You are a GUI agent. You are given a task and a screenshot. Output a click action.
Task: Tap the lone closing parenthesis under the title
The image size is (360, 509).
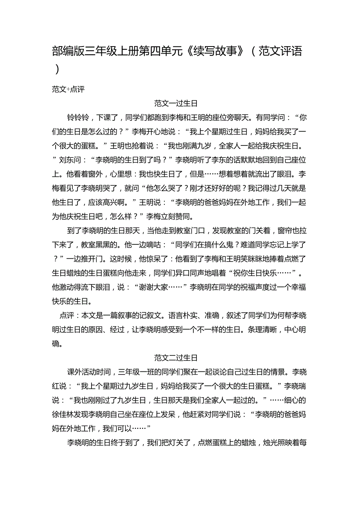tap(58, 69)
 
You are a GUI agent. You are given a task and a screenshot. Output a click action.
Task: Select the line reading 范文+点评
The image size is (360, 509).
tap(68, 89)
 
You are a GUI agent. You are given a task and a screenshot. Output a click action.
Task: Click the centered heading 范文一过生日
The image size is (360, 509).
tap(176, 104)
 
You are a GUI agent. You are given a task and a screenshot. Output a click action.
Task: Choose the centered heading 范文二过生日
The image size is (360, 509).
tap(176, 358)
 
